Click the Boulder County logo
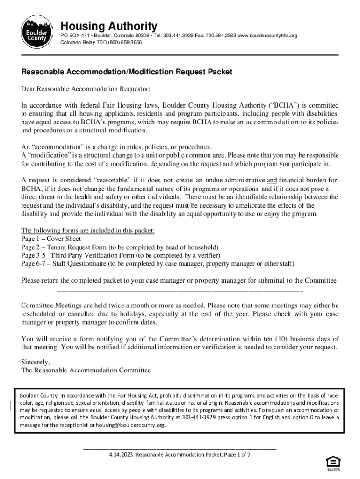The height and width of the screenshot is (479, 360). pyautogui.click(x=36, y=32)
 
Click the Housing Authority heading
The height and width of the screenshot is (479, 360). pyautogui.click(x=109, y=26)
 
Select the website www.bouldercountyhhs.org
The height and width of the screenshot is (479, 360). pyautogui.click(x=267, y=36)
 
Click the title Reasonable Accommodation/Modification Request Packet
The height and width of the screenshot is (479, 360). pyautogui.click(x=127, y=73)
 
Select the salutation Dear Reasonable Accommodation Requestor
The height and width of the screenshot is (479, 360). pyautogui.click(x=86, y=89)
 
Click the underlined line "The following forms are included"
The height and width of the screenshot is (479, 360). pyautogui.click(x=87, y=231)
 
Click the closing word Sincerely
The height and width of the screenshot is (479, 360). pyautogui.click(x=36, y=362)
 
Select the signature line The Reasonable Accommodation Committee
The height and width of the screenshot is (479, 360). pyautogui.click(x=86, y=370)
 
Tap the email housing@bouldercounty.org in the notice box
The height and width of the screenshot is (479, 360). pyautogui.click(x=130, y=425)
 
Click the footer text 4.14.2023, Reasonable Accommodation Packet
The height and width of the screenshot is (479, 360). pyautogui.click(x=180, y=454)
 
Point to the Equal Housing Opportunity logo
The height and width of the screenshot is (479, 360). pyautogui.click(x=332, y=463)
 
